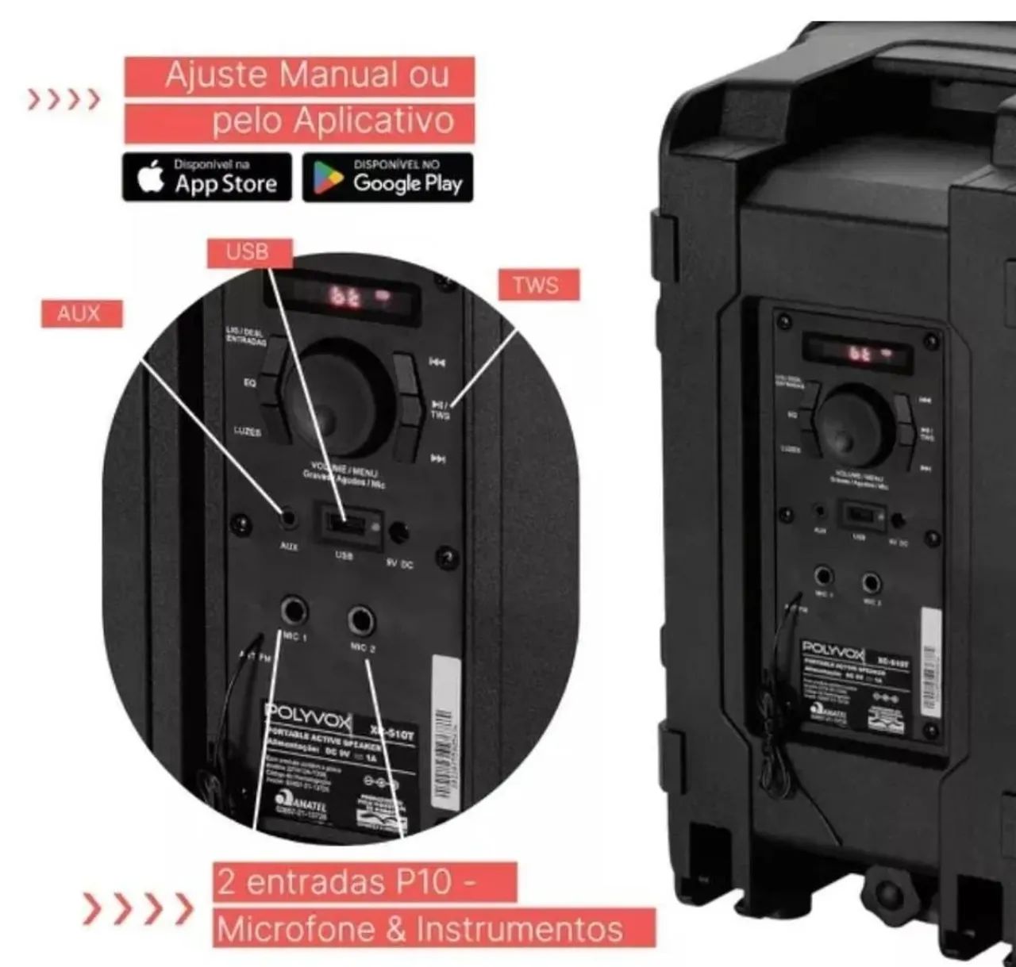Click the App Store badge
point(207,178)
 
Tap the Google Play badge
point(387,178)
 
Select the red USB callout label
point(248,252)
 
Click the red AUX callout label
point(80,313)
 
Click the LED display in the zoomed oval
point(349,297)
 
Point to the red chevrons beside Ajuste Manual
point(64,100)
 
